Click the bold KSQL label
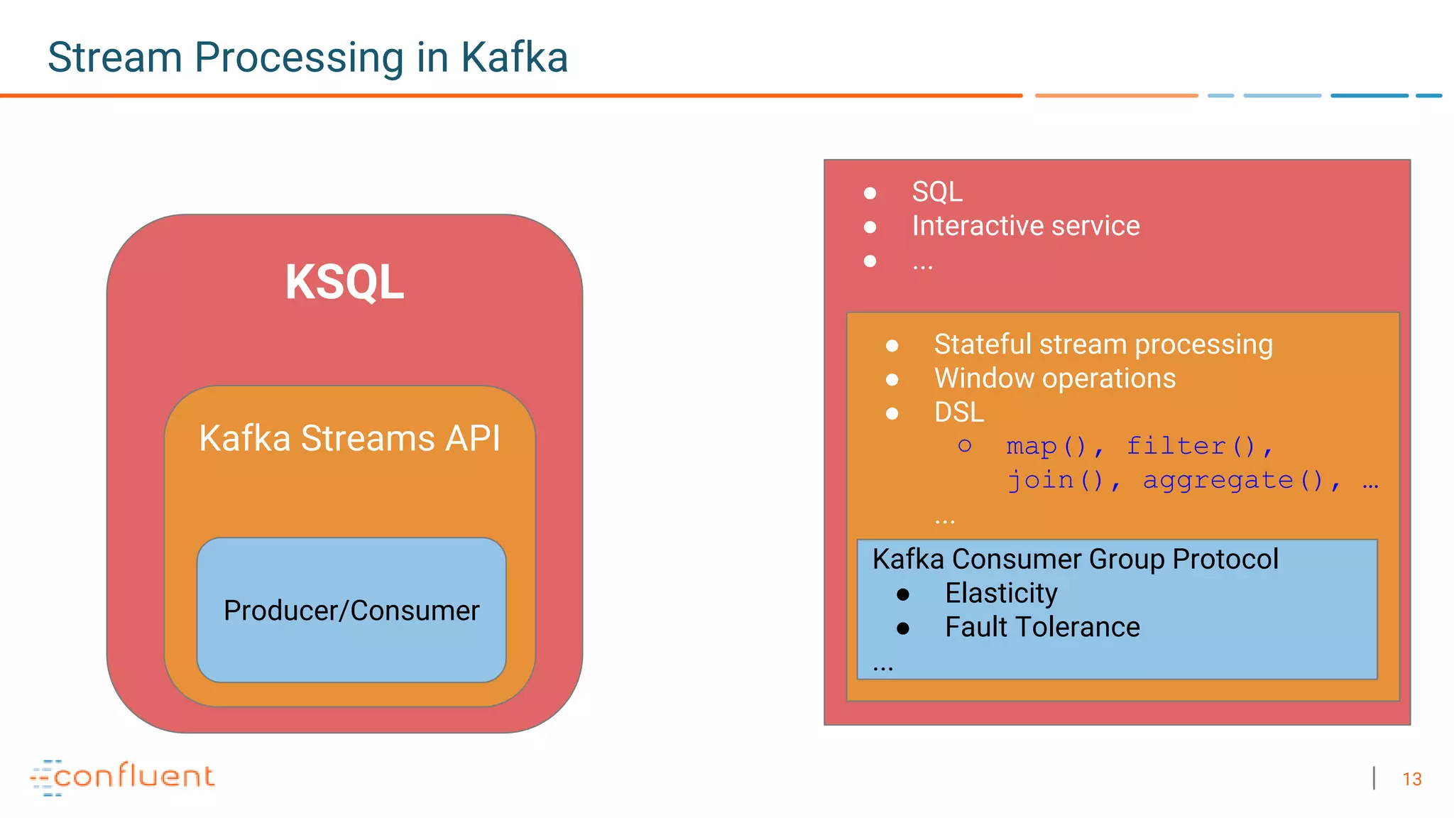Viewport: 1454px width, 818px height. point(344,283)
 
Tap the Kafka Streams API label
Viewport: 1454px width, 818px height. point(349,438)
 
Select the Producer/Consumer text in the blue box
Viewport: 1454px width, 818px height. point(351,611)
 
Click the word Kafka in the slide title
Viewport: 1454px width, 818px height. point(514,58)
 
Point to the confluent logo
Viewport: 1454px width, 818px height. point(122,777)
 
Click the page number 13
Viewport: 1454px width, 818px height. point(1411,780)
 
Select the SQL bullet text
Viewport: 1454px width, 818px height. point(937,192)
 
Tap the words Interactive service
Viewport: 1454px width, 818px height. point(1025,226)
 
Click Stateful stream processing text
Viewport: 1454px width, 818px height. point(1103,344)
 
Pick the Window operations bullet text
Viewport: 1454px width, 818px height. point(1054,378)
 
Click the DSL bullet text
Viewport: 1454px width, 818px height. point(958,413)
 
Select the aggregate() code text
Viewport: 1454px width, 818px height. point(1232,481)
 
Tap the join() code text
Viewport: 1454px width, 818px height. point(1056,481)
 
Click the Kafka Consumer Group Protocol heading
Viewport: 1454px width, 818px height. point(1075,560)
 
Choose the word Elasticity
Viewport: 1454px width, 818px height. point(1001,594)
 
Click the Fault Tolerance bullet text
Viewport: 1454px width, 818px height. point(1042,628)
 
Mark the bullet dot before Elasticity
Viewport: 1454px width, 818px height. point(903,594)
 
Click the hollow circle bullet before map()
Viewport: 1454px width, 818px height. point(964,446)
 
